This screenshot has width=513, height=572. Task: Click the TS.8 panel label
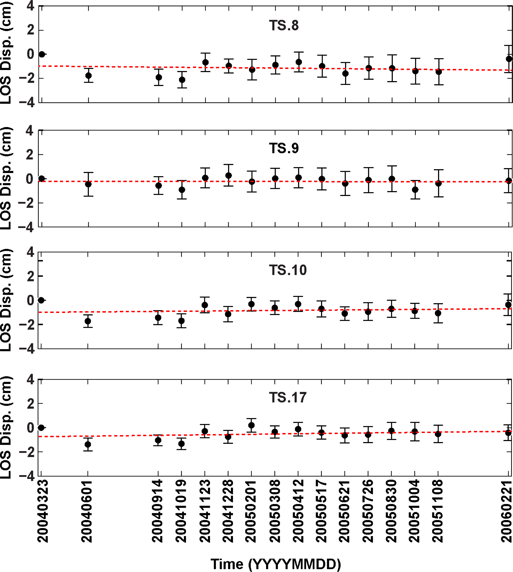284,25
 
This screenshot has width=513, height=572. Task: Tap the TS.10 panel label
287,270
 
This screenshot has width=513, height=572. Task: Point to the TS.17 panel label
287,397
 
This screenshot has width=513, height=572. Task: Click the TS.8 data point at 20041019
182,80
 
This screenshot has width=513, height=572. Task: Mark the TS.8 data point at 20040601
88,76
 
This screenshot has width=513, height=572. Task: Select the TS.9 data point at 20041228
229,176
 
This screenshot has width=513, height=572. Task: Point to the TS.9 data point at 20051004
415,189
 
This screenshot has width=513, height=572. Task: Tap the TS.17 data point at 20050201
251,425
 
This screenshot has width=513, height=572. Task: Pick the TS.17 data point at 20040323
41,428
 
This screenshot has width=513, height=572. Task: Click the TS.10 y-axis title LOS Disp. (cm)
6,300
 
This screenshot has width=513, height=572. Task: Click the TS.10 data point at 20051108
438,313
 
